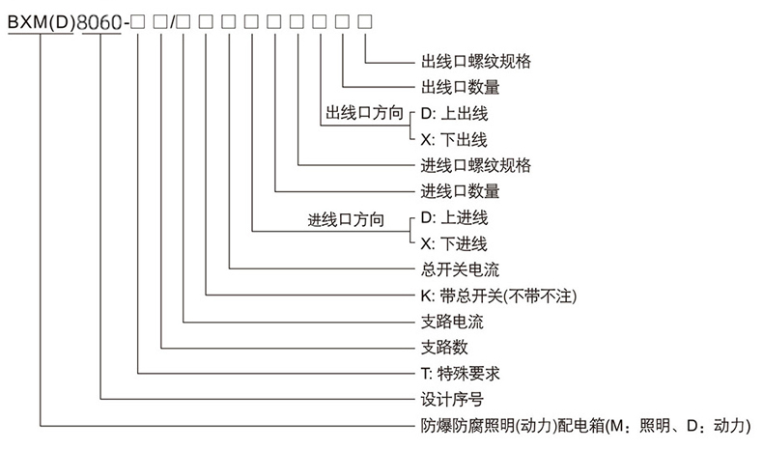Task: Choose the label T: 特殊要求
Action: pyautogui.click(x=460, y=372)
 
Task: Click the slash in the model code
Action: pyautogui.click(x=171, y=19)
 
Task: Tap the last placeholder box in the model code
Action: pyautogui.click(x=365, y=20)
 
